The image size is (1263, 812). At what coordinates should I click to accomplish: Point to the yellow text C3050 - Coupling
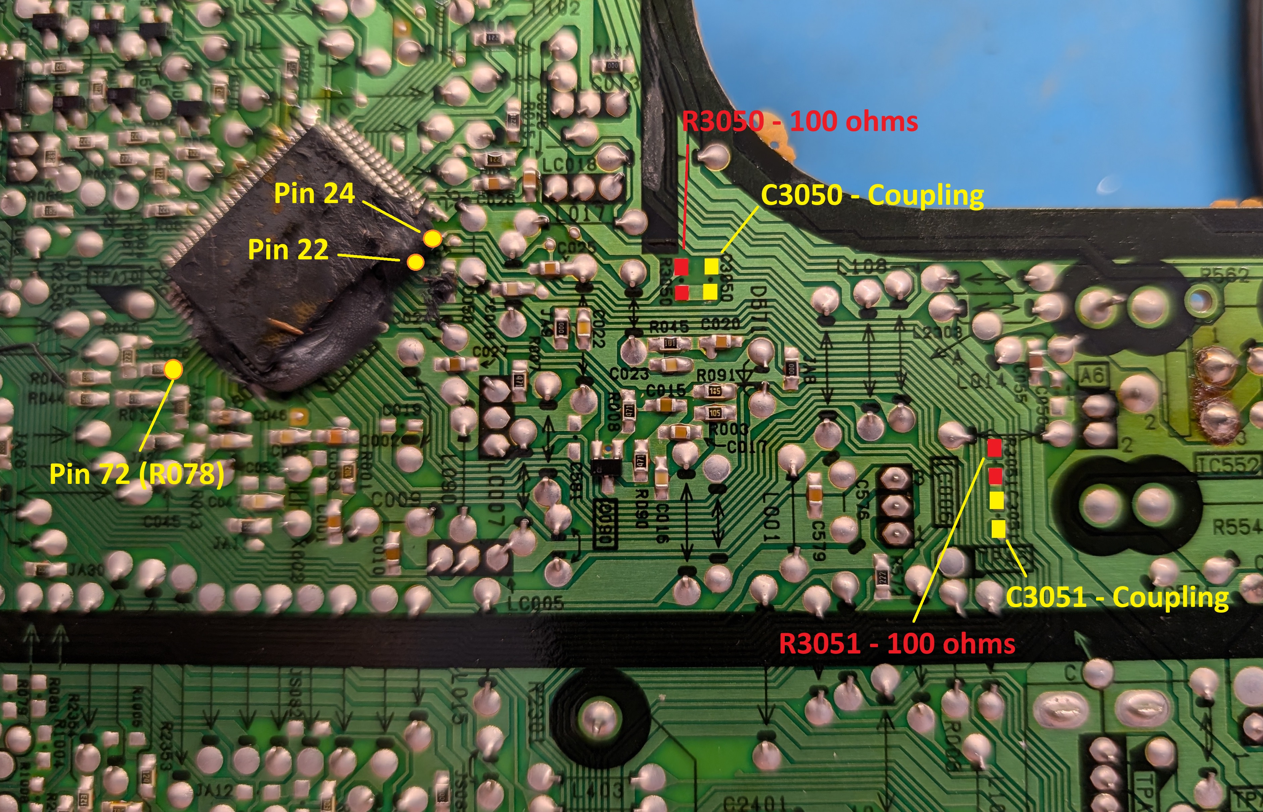click(872, 196)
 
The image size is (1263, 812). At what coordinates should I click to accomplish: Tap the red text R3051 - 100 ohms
click(897, 644)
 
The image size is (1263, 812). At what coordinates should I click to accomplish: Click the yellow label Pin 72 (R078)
click(136, 474)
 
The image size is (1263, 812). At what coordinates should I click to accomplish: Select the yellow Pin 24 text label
click(315, 193)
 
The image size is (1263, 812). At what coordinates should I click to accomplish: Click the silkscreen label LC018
click(569, 165)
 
